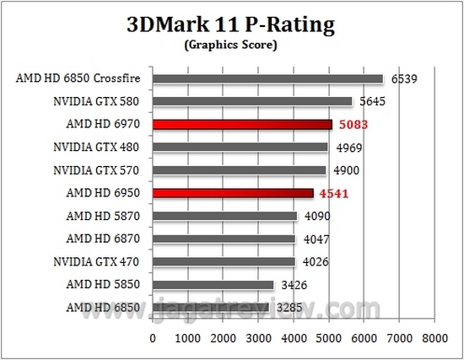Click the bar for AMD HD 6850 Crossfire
tap(268, 79)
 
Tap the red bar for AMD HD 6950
tap(233, 193)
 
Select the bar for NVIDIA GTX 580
tap(252, 102)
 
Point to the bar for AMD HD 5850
tap(213, 284)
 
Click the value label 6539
tap(405, 80)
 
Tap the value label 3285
tap(290, 308)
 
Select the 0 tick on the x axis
tap(153, 338)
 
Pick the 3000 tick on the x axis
tap(259, 338)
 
